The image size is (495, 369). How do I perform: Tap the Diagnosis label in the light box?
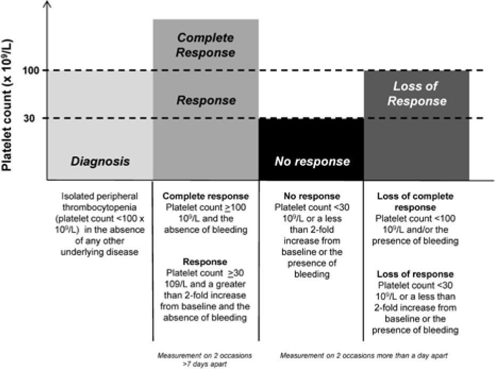(x=101, y=161)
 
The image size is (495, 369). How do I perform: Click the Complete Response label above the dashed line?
(x=205, y=45)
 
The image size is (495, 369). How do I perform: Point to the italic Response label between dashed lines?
(x=205, y=100)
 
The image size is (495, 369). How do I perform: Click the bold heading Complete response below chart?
(x=205, y=196)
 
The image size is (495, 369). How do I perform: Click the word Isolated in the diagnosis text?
(x=73, y=196)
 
